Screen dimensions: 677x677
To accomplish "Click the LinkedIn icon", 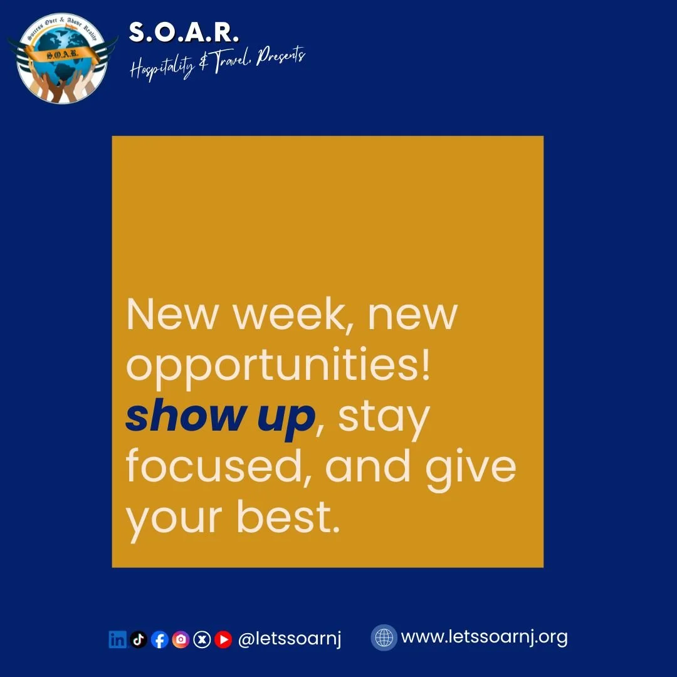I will [117, 639].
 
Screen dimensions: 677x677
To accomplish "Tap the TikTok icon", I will [139, 639].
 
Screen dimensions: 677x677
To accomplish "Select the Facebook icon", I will [160, 639].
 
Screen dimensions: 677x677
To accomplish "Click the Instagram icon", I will [181, 639].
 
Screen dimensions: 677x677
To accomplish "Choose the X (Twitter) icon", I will [202, 639].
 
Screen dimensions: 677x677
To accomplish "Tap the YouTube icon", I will [223, 639].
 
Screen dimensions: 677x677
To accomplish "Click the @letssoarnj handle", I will [290, 639].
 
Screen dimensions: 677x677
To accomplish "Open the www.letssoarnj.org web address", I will [484, 638].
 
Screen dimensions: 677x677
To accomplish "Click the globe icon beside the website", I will [384, 638].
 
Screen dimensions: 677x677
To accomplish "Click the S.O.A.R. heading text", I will [184, 33].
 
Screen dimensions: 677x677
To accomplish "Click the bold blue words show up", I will [219, 417].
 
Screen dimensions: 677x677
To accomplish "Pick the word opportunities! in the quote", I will [278, 365].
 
